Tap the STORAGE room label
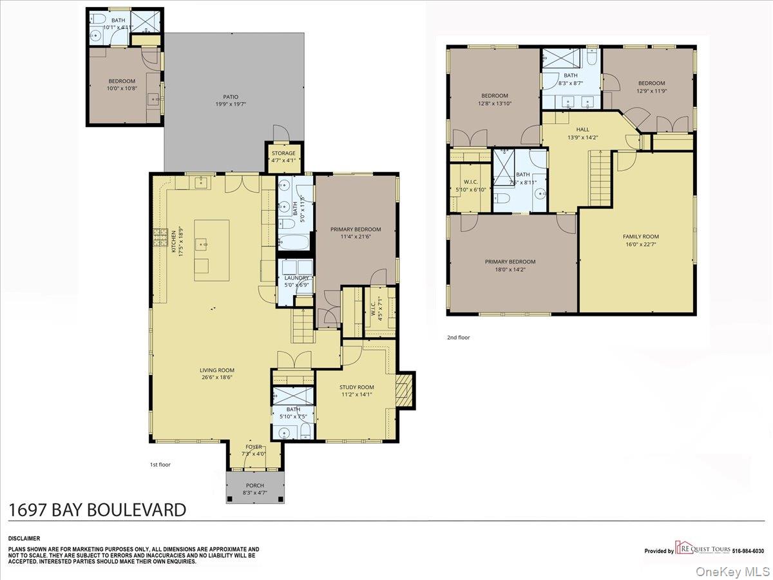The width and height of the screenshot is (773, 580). [x=283, y=153]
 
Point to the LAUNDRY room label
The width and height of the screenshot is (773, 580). [x=296, y=278]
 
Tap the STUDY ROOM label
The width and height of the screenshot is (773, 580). [x=356, y=387]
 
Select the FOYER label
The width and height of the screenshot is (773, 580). [x=254, y=447]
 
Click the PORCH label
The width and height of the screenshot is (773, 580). [x=255, y=486]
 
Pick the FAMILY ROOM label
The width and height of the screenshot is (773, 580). [x=640, y=237]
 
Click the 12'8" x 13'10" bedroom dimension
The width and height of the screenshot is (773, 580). [x=495, y=103]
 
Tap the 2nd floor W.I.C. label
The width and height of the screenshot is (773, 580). [x=470, y=181]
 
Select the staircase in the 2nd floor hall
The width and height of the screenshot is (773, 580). [x=600, y=177]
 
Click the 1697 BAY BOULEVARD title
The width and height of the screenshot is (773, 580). [x=97, y=510]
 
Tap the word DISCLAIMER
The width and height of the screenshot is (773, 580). [x=24, y=538]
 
